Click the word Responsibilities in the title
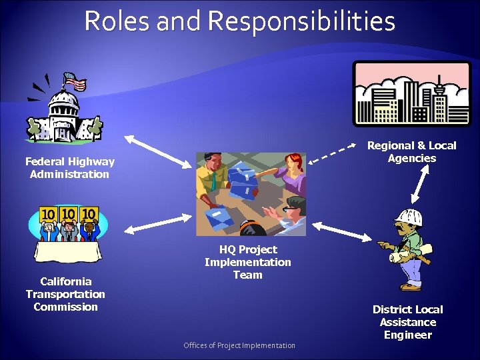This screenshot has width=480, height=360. point(301,21)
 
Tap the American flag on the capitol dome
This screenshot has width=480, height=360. point(75,83)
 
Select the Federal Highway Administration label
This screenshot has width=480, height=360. point(69,168)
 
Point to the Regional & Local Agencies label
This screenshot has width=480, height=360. point(412,152)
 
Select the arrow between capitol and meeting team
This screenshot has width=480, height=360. point(157,151)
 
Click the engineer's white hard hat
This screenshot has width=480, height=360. point(408,217)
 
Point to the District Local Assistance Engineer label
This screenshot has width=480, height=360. point(407,322)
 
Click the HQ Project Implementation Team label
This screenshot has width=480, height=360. point(247,262)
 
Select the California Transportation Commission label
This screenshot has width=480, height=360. point(65,294)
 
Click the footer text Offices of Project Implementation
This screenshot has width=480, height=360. point(239,345)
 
